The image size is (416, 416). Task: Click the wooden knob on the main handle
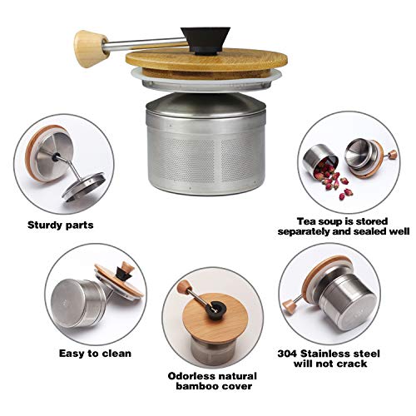pyautogui.click(x=87, y=41)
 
